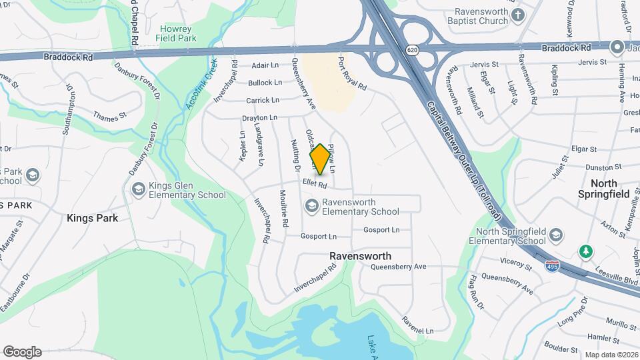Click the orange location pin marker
pyautogui.click(x=321, y=159)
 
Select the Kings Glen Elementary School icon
pyautogui.click(x=139, y=188)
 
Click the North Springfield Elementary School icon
pyautogui.click(x=556, y=235)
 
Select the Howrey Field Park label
pyautogui.click(x=176, y=34)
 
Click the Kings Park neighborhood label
pyautogui.click(x=93, y=218)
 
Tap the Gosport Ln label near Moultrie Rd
pyautogui.click(x=319, y=236)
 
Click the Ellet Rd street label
pyautogui.click(x=313, y=184)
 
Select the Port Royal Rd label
pyautogui.click(x=351, y=73)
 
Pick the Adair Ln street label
pyautogui.click(x=265, y=65)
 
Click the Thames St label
pyautogui.click(x=110, y=116)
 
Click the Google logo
pyautogui.click(x=23, y=351)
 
